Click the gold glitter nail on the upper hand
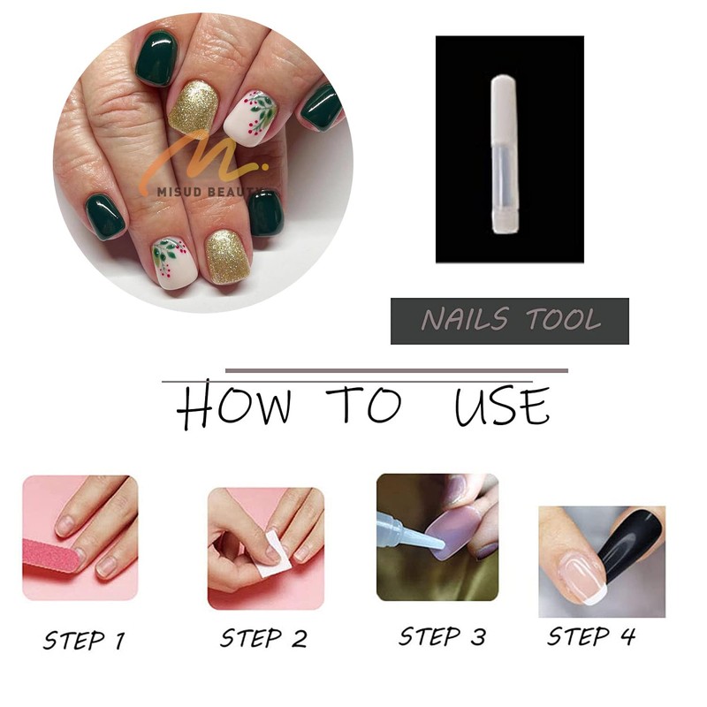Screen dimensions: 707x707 point(193,108)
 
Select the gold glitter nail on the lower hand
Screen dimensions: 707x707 point(228,256)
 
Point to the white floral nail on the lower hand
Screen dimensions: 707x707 point(172,262)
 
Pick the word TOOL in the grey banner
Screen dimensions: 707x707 point(565,321)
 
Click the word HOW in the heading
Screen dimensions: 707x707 point(234,408)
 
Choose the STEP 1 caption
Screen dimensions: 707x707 point(82,639)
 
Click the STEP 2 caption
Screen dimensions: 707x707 point(262,639)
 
